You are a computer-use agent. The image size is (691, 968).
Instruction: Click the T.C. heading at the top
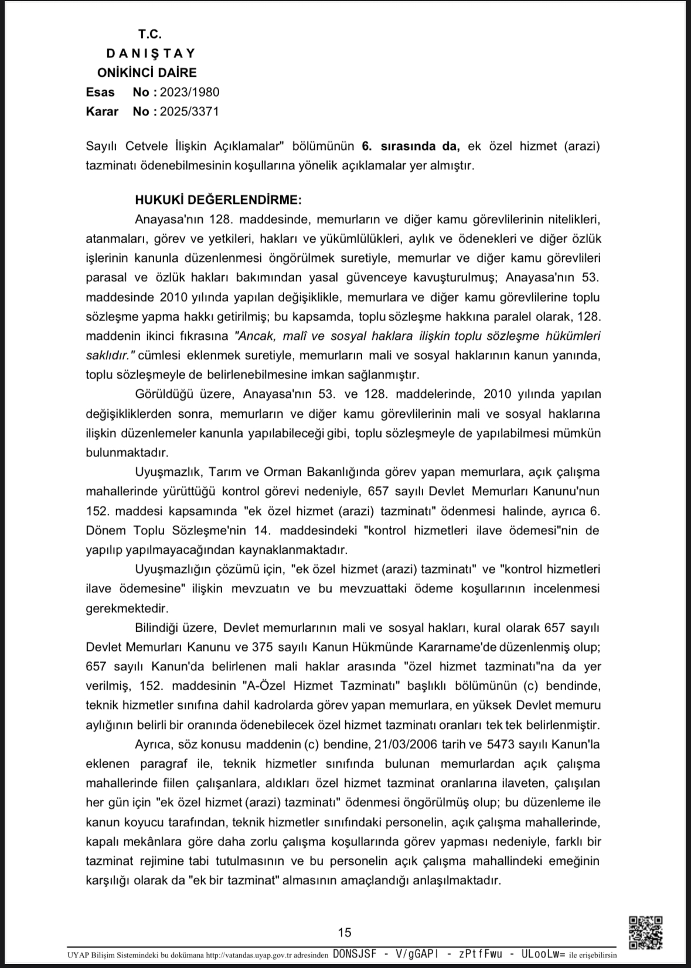[x=150, y=34]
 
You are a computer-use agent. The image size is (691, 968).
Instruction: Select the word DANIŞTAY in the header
[x=151, y=53]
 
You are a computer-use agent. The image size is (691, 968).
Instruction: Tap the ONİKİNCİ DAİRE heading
[x=147, y=73]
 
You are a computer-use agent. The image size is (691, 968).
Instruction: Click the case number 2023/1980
[x=190, y=92]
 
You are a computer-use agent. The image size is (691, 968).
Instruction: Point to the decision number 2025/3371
[x=190, y=111]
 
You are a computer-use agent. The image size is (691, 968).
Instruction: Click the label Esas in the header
[x=100, y=92]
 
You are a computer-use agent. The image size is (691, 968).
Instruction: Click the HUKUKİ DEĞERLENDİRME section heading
[x=219, y=200]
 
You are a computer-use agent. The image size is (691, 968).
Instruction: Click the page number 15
[x=345, y=932]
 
